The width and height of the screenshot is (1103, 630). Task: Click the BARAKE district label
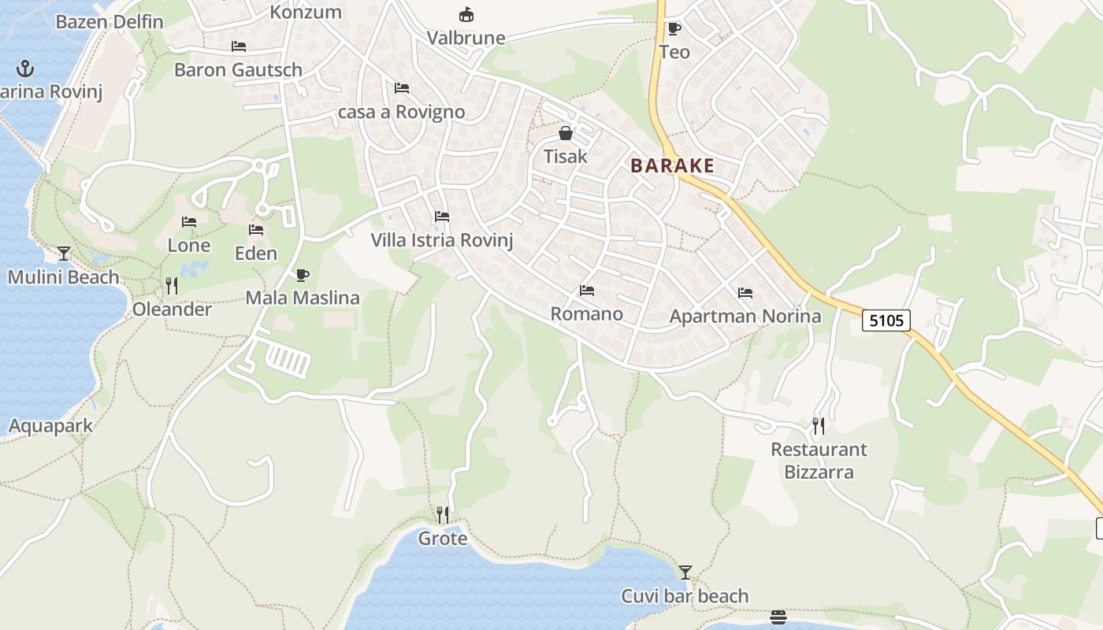(x=672, y=166)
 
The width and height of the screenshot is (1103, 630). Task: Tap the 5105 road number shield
(x=886, y=320)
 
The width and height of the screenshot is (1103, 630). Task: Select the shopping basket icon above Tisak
(x=566, y=133)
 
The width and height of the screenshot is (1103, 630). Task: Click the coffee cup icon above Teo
(x=674, y=29)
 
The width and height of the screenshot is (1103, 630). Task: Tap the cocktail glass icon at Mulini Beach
(x=64, y=254)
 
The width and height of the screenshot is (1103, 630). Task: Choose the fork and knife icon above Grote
(x=443, y=515)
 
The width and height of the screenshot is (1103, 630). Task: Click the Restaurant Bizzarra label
(x=819, y=461)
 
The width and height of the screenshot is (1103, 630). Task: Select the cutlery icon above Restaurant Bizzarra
(x=819, y=426)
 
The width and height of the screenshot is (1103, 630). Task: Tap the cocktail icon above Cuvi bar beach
(x=685, y=573)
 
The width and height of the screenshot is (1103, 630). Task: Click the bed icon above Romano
(x=587, y=291)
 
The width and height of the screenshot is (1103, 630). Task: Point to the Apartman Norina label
(x=745, y=317)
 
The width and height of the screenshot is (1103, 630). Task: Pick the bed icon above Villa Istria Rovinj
(x=442, y=217)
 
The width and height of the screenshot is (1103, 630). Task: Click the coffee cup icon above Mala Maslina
(x=302, y=275)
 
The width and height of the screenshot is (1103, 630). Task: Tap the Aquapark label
(x=50, y=427)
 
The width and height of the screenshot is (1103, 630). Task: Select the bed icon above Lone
(x=189, y=222)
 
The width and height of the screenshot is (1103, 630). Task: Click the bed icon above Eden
(x=256, y=230)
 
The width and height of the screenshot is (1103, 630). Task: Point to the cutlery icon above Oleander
(x=171, y=285)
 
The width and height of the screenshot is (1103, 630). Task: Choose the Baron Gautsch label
(x=238, y=70)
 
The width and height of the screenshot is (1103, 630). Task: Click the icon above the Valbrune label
(x=466, y=15)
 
